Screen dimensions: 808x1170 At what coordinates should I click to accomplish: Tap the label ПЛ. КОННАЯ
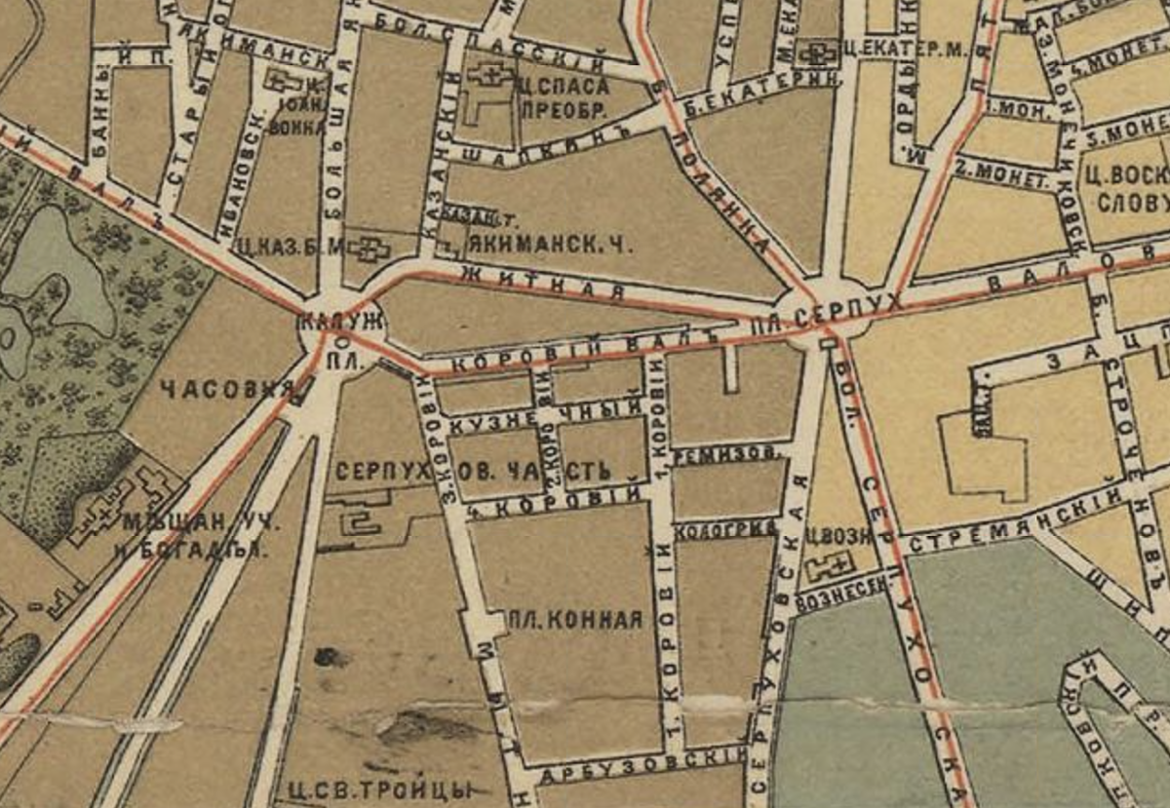(x=576, y=619)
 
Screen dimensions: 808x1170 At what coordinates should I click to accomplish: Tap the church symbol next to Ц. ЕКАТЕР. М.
(x=813, y=50)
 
